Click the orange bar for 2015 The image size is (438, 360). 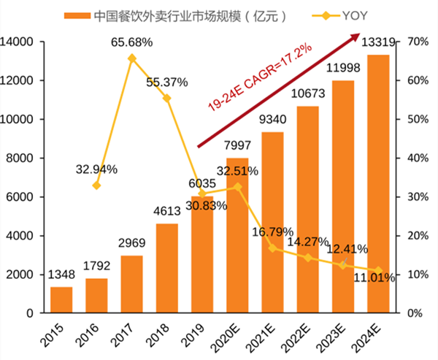(61, 299)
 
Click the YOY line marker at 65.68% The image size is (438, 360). (131, 58)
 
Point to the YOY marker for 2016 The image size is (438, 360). (96, 185)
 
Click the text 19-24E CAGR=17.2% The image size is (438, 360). (259, 77)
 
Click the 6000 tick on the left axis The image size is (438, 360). (23, 197)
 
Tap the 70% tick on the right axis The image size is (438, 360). (417, 42)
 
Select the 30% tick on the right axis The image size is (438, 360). (417, 197)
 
